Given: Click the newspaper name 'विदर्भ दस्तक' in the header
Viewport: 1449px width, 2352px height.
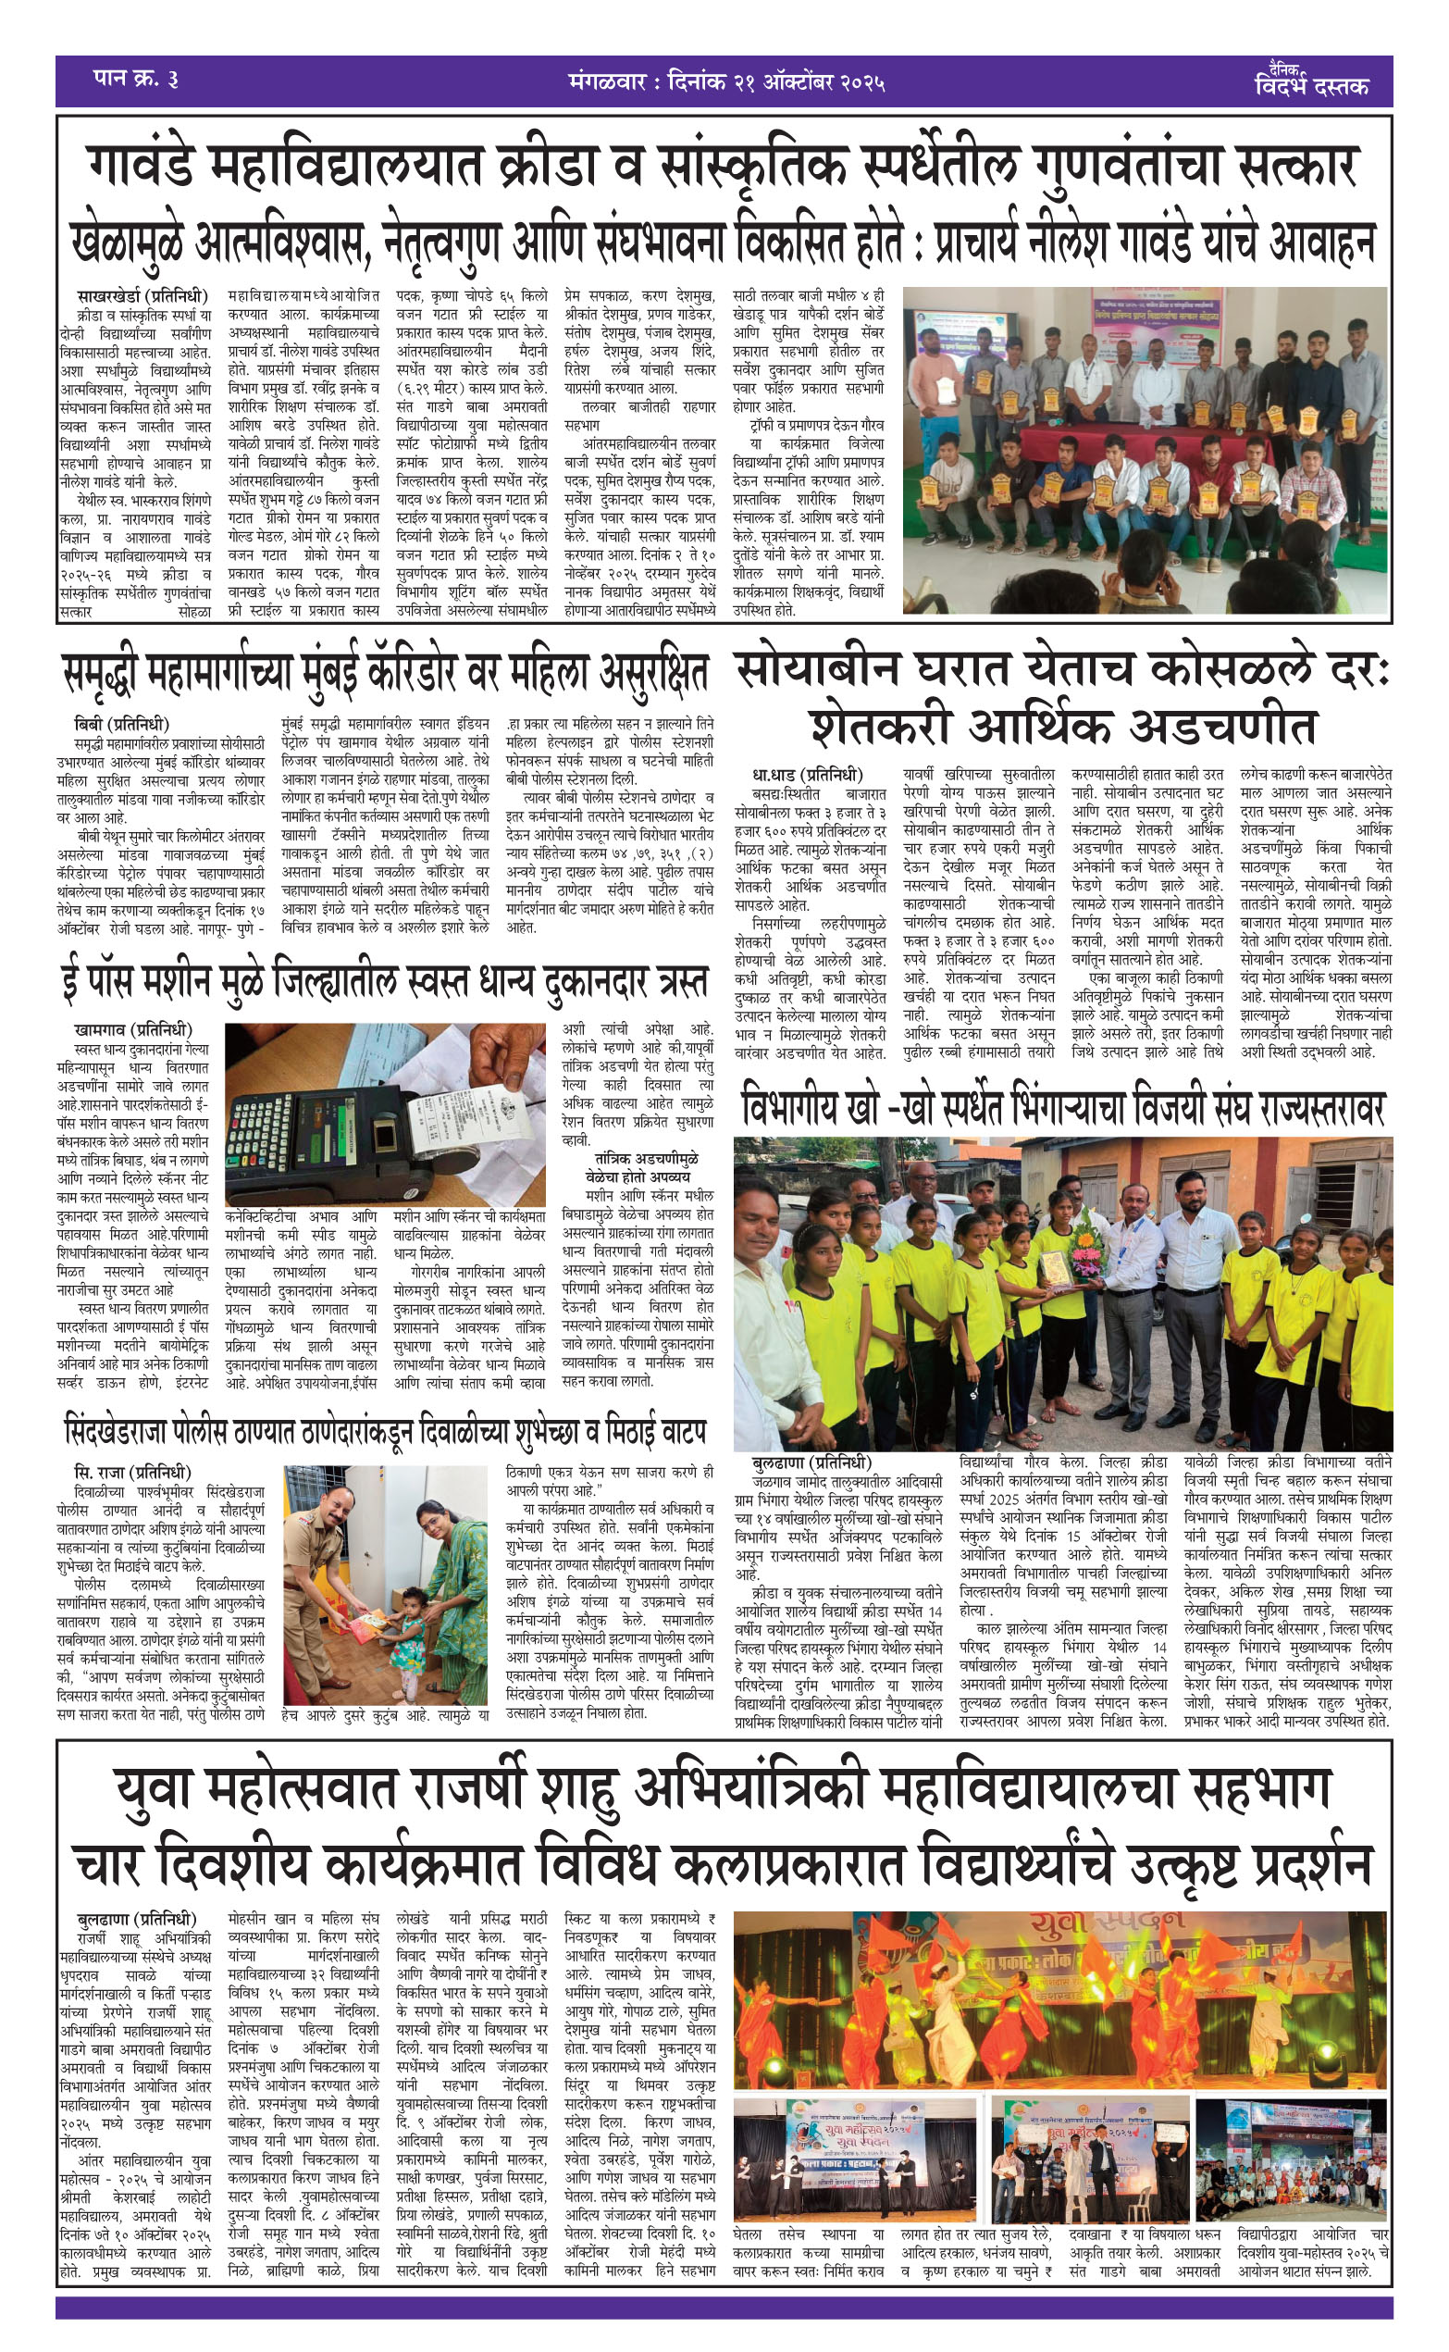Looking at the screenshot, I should click(x=1312, y=85).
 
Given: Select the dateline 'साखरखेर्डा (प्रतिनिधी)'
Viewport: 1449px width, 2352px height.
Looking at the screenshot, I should click(x=143, y=296).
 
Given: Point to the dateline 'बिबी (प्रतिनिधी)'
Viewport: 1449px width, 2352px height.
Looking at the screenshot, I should click(x=122, y=724).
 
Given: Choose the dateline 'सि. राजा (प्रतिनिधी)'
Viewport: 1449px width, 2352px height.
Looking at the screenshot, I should click(x=132, y=1472).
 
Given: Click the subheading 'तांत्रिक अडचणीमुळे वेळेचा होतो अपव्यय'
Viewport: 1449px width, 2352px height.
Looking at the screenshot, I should click(x=638, y=1167).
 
